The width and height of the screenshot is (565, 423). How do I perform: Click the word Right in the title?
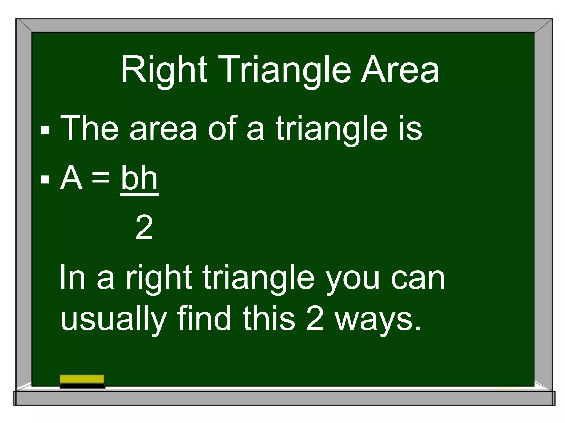tap(164, 70)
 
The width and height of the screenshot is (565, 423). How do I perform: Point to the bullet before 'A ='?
tap(45, 180)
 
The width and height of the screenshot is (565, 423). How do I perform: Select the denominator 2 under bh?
tap(144, 227)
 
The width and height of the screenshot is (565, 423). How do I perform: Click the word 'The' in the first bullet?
tap(89, 128)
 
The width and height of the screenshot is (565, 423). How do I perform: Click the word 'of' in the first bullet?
tap(222, 128)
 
